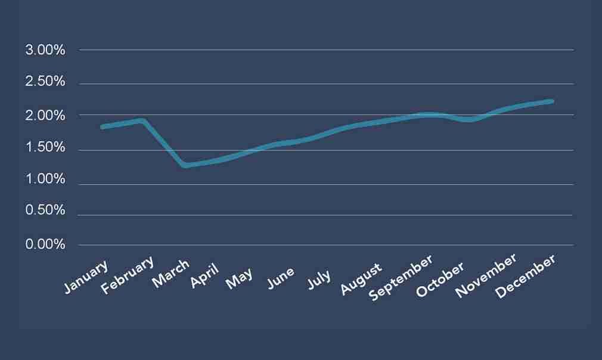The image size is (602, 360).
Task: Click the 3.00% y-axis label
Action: pyautogui.click(x=45, y=50)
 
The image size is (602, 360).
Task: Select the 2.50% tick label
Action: pyautogui.click(x=45, y=82)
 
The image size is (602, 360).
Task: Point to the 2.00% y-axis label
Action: pyautogui.click(x=45, y=115)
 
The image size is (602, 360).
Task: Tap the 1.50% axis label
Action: pyautogui.click(x=45, y=148)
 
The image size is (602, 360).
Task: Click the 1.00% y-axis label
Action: pyautogui.click(x=45, y=180)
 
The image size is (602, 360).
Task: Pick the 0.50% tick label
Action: pyautogui.click(x=45, y=212)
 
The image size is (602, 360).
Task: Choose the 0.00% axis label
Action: pyautogui.click(x=45, y=244)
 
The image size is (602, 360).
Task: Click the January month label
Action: pyautogui.click(x=87, y=276)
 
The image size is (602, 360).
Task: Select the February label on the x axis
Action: pyautogui.click(x=128, y=275)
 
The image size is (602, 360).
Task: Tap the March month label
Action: pyautogui.click(x=171, y=274)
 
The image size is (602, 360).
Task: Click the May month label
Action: pyautogui.click(x=240, y=278)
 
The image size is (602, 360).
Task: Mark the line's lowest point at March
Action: pyautogui.click(x=186, y=165)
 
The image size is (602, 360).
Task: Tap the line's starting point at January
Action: pyautogui.click(x=103, y=127)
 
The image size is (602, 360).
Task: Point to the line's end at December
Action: pyautogui.click(x=552, y=101)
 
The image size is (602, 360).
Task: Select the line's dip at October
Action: pyautogui.click(x=470, y=120)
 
